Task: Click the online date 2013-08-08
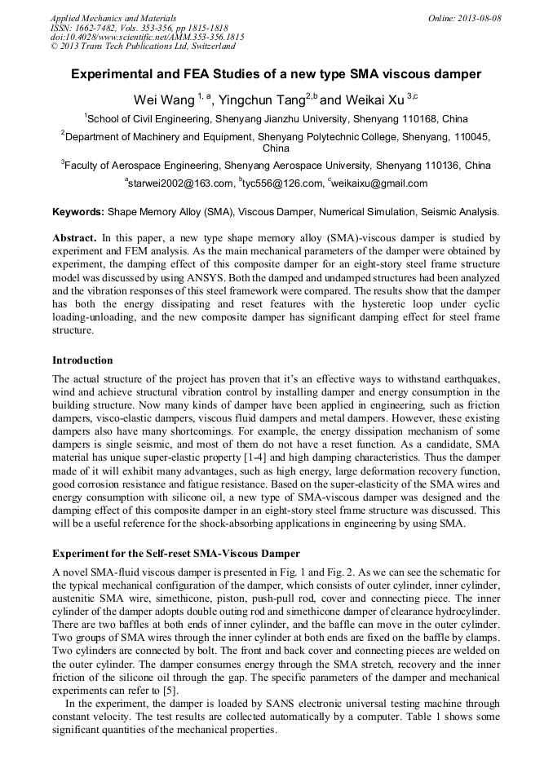click(476, 17)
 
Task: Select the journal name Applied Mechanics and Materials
click(113, 17)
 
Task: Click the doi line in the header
click(147, 38)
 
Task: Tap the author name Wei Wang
click(161, 99)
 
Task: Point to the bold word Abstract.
click(75, 238)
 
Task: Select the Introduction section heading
click(82, 360)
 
